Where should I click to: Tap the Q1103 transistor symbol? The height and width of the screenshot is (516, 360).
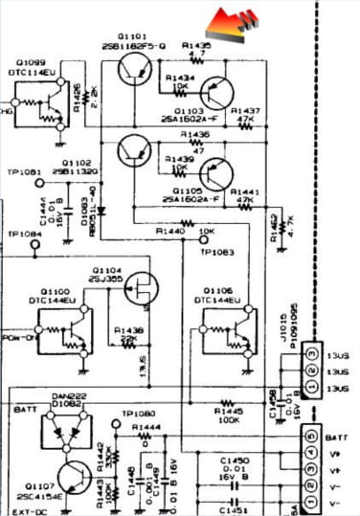pyautogui.click(x=218, y=93)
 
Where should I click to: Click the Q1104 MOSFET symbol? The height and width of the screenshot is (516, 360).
pyautogui.click(x=142, y=285)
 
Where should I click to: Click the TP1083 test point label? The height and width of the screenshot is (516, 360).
pyautogui.click(x=217, y=252)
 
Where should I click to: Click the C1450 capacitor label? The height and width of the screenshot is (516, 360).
pyautogui.click(x=235, y=459)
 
